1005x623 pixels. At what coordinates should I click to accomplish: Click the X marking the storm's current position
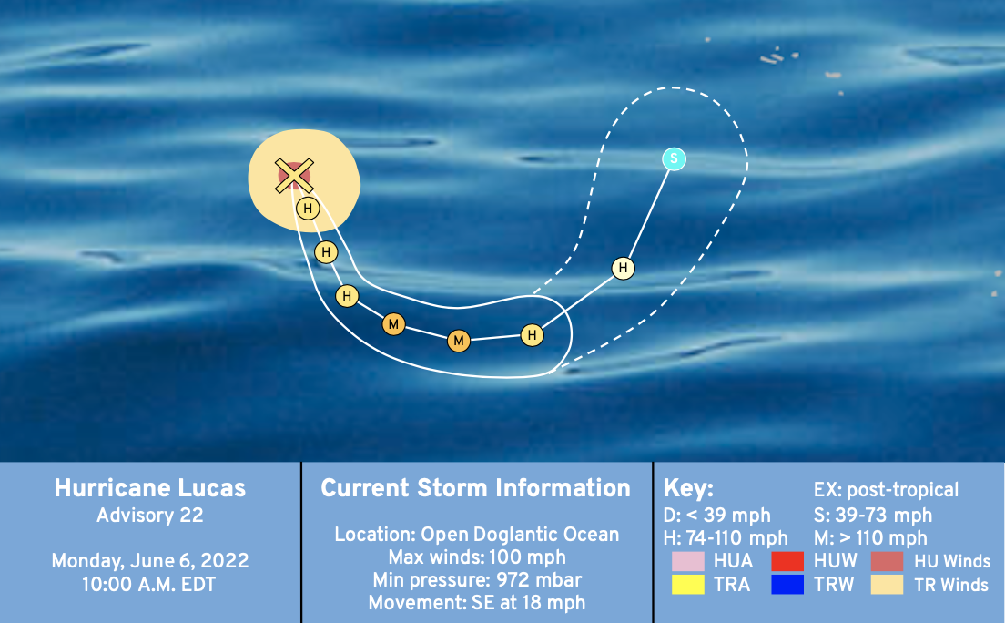[294, 176]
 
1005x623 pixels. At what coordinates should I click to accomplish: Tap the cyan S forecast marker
[675, 158]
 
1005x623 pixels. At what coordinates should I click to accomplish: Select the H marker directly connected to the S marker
[623, 268]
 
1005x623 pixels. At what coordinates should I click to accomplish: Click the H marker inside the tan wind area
[309, 209]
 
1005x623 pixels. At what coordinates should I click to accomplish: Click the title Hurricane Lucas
[150, 488]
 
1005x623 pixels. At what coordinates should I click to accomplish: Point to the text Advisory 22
[150, 516]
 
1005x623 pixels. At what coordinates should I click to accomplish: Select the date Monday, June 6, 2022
[150, 561]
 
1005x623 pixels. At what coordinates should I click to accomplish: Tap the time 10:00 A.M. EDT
[148, 585]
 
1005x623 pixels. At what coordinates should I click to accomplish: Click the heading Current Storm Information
[475, 488]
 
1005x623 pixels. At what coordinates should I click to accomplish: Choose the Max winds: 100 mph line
[477, 557]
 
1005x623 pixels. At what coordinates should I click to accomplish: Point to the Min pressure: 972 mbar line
[477, 580]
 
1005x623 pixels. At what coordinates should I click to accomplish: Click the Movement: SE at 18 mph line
[477, 603]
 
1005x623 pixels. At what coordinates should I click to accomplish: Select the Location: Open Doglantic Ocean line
[477, 535]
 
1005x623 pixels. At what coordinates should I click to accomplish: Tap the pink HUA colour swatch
[687, 561]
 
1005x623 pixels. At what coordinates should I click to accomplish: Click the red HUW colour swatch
[787, 561]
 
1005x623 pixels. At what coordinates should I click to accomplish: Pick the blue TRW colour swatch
[787, 585]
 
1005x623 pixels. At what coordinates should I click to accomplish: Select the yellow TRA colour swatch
[687, 585]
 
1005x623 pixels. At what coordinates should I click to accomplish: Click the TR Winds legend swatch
[887, 585]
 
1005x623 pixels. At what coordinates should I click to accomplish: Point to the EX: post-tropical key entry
[886, 490]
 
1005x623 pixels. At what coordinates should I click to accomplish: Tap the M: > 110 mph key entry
[870, 537]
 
